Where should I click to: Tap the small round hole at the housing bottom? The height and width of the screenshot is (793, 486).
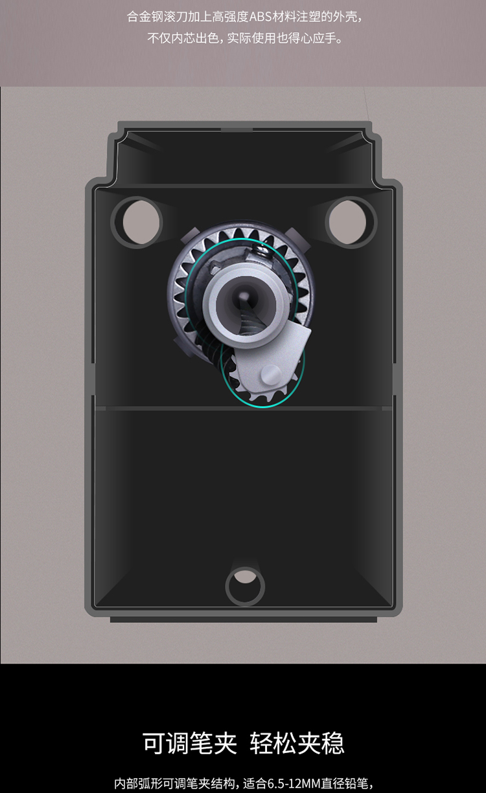(245, 585)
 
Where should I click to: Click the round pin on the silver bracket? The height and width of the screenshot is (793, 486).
(271, 374)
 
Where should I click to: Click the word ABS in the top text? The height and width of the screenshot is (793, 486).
(260, 17)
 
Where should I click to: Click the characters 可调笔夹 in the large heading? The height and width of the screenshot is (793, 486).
(190, 743)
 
